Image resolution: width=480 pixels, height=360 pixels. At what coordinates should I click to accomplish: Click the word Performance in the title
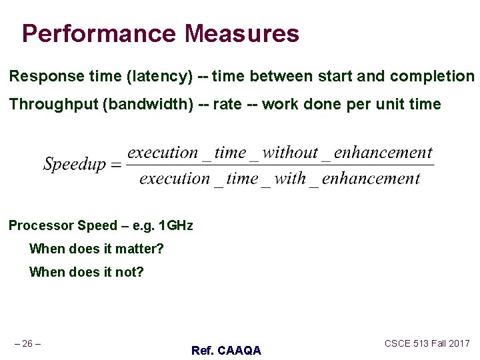click(99, 33)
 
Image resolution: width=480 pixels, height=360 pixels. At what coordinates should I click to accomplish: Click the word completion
click(432, 76)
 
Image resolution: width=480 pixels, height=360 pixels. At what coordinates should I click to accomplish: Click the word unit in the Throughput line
click(392, 104)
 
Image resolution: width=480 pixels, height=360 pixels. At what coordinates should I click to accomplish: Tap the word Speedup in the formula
click(74, 164)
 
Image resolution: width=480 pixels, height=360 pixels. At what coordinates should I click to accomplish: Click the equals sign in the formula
click(115, 165)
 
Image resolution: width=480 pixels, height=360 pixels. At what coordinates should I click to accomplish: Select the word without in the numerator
click(290, 153)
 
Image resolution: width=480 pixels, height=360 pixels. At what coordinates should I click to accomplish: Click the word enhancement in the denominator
click(371, 179)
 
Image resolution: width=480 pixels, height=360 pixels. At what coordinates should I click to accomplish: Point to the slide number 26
click(28, 343)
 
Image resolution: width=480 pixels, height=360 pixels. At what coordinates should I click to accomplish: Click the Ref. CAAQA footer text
click(226, 350)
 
